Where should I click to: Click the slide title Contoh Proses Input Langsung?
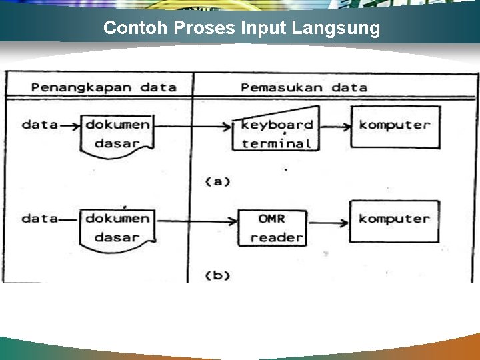(x=242, y=28)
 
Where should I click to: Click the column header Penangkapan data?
(x=103, y=87)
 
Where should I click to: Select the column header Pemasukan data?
(x=303, y=87)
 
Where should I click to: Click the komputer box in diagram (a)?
(x=395, y=127)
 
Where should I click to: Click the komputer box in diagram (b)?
(x=395, y=221)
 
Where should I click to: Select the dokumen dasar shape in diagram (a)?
(x=117, y=133)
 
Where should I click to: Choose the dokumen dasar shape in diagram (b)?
(x=117, y=227)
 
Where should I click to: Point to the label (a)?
(x=217, y=181)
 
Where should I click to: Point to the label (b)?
(x=217, y=274)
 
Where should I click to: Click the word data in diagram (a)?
(x=39, y=125)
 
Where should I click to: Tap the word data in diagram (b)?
(x=39, y=218)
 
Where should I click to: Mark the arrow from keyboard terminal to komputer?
(x=335, y=125)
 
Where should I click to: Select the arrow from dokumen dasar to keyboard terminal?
(x=193, y=125)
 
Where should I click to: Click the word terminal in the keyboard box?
(x=277, y=143)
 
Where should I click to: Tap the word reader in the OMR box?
(x=277, y=237)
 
